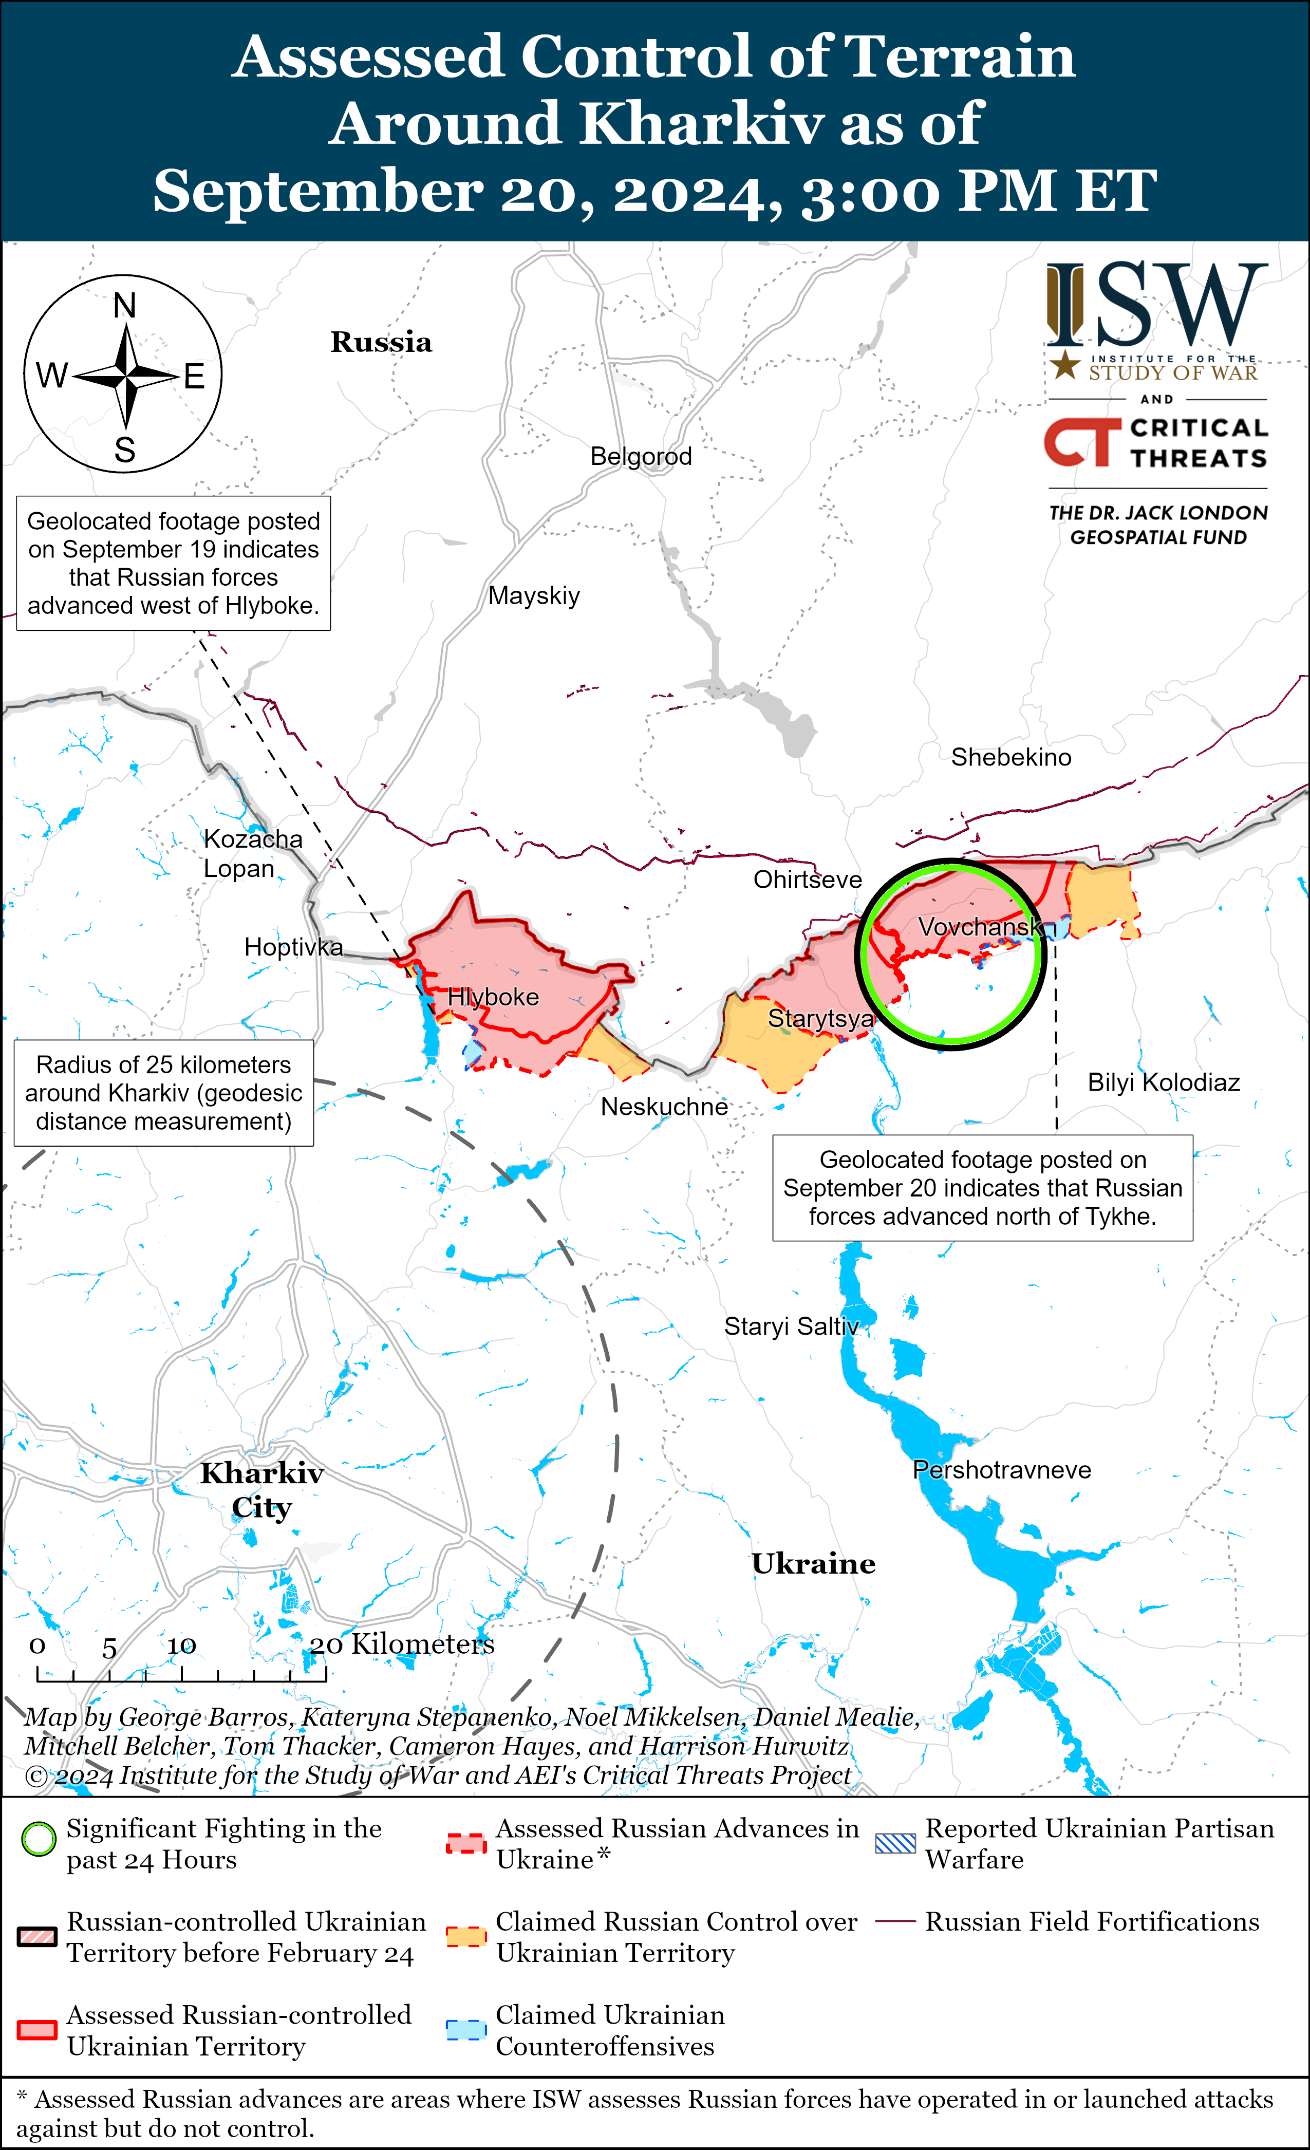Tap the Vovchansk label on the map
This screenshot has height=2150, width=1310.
pos(980,927)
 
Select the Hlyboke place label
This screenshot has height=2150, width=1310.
pos(493,997)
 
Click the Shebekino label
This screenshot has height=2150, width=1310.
pos(1010,757)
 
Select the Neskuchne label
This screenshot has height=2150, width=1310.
pos(664,1107)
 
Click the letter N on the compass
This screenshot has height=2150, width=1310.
pos(125,306)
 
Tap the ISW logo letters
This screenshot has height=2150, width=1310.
pos(1156,305)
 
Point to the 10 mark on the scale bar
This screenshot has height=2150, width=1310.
pos(181,1646)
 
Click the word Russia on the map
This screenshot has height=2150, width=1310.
pos(381,342)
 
